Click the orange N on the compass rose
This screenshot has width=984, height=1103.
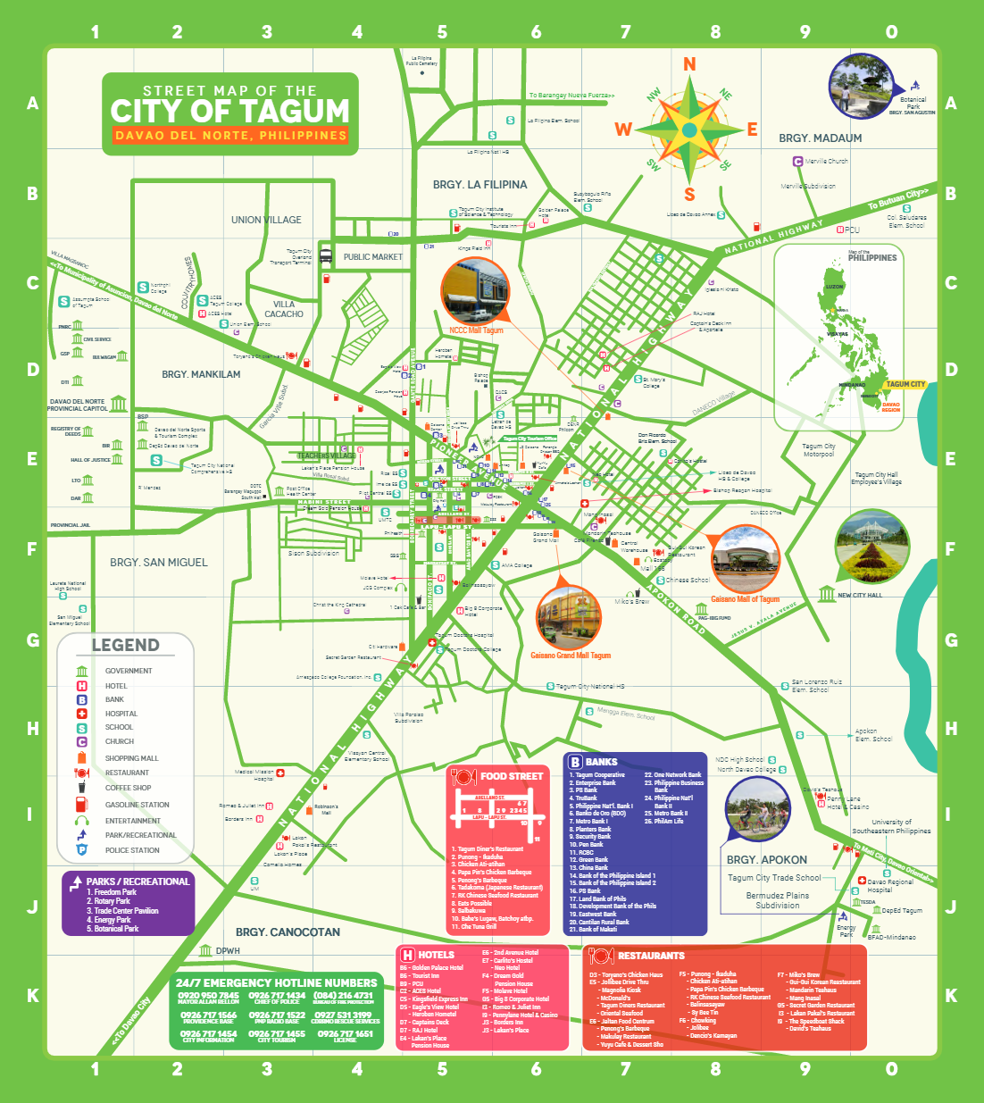pyautogui.click(x=689, y=64)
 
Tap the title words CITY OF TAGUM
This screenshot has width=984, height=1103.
pyautogui.click(x=230, y=112)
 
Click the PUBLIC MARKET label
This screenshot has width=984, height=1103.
pyautogui.click(x=372, y=257)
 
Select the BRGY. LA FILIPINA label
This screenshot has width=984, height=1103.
pyautogui.click(x=479, y=185)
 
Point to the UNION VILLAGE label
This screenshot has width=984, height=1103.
pyautogui.click(x=266, y=220)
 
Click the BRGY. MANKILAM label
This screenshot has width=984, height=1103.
pyautogui.click(x=201, y=374)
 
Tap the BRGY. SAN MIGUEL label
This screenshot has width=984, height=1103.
pyautogui.click(x=159, y=563)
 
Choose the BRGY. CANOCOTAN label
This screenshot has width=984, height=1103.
pyautogui.click(x=288, y=932)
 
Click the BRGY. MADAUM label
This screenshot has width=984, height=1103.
pyautogui.click(x=820, y=138)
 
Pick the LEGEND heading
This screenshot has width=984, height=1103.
pyautogui.click(x=125, y=645)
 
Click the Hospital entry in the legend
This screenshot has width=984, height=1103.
pyautogui.click(x=121, y=714)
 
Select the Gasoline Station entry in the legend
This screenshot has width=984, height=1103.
pyautogui.click(x=137, y=805)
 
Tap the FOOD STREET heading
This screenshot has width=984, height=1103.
pyautogui.click(x=511, y=776)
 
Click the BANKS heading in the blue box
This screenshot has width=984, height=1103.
pyautogui.click(x=601, y=762)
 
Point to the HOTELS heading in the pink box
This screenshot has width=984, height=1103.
pyautogui.click(x=436, y=955)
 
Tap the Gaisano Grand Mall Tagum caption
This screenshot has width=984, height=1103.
pyautogui.click(x=571, y=656)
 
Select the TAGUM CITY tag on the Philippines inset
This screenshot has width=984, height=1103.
pyautogui.click(x=905, y=385)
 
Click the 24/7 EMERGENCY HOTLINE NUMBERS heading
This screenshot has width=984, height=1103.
pyautogui.click(x=276, y=982)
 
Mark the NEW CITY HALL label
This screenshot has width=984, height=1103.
pyautogui.click(x=859, y=595)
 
